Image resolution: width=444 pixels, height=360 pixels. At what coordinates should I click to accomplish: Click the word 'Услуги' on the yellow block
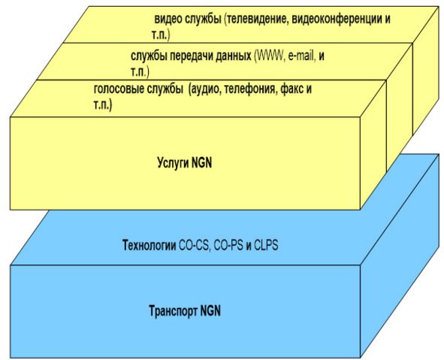coord(173,163)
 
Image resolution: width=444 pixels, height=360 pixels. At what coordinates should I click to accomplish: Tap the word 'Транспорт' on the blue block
coord(173,311)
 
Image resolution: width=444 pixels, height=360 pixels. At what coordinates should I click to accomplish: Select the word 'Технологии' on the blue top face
coord(150,245)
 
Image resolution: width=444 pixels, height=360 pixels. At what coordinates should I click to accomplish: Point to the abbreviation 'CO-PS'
coord(228,245)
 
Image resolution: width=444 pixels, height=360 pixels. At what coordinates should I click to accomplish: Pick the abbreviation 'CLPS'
coord(266,245)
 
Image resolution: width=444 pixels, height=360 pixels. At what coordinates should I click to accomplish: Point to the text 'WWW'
coord(270,56)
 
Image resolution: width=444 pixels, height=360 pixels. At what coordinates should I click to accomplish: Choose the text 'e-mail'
coord(302,56)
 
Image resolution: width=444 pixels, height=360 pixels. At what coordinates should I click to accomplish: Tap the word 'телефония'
coord(249,89)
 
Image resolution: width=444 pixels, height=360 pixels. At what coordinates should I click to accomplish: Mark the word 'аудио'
coord(205,89)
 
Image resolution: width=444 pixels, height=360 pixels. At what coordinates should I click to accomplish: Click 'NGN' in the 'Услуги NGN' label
coord(202,163)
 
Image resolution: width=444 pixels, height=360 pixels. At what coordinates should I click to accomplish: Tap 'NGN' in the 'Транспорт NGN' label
coord(210,310)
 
